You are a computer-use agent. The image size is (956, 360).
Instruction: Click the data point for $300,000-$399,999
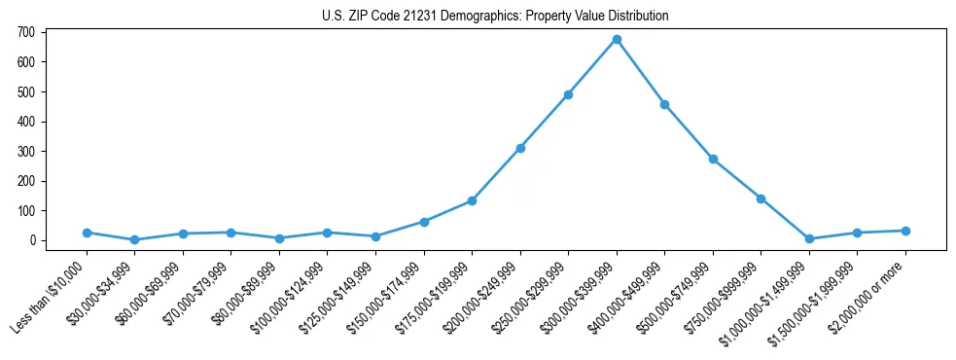pyautogui.click(x=617, y=39)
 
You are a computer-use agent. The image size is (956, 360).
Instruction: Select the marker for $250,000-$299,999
pyautogui.click(x=568, y=94)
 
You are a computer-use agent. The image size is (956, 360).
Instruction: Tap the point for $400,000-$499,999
pyautogui.click(x=664, y=104)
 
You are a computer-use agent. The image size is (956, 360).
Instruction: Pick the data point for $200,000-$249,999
pyautogui.click(x=520, y=148)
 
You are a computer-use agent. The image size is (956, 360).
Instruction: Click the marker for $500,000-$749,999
pyautogui.click(x=713, y=159)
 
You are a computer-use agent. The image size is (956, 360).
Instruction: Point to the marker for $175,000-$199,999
pyautogui.click(x=472, y=200)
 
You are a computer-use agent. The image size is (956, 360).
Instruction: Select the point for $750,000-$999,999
pyautogui.click(x=761, y=198)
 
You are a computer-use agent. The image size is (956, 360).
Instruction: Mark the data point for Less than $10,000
pyautogui.click(x=87, y=233)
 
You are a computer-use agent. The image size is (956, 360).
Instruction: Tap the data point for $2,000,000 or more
pyautogui.click(x=905, y=231)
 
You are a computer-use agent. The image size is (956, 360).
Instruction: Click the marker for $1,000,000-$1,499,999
pyautogui.click(x=809, y=238)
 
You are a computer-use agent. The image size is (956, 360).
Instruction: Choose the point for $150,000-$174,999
pyautogui.click(x=424, y=222)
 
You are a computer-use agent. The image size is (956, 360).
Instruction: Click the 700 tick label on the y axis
pyautogui.click(x=26, y=32)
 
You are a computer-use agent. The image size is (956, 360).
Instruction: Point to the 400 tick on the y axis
pyautogui.click(x=26, y=122)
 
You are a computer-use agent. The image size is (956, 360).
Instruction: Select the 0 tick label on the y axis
pyautogui.click(x=32, y=240)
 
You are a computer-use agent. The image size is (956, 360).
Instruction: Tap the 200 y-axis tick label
pyautogui.click(x=26, y=181)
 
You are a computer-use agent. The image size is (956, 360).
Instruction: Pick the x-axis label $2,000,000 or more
pyautogui.click(x=872, y=292)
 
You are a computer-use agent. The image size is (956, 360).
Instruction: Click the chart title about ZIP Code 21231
pyautogui.click(x=495, y=17)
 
